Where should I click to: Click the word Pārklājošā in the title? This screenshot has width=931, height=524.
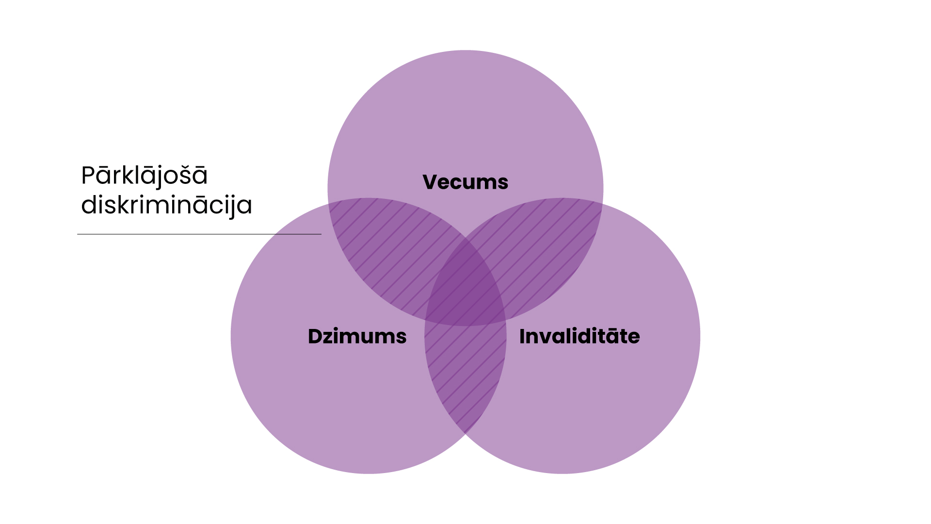pos(144,176)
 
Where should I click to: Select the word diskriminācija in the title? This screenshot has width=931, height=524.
pos(166,205)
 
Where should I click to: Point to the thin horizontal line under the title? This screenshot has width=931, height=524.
pos(199,234)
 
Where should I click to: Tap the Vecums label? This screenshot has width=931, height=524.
pos(465,182)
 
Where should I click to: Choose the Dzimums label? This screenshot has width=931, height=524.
pos(357,337)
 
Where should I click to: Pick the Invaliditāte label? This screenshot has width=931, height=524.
pos(579,337)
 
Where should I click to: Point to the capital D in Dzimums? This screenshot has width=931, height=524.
pos(316,337)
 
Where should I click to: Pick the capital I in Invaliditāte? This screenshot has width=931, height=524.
pos(522,337)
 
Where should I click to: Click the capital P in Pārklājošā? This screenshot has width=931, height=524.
pos(88,176)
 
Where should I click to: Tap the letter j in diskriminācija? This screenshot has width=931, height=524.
pos(236,206)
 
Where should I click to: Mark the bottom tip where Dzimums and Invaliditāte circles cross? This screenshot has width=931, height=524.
pos(465,434)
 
